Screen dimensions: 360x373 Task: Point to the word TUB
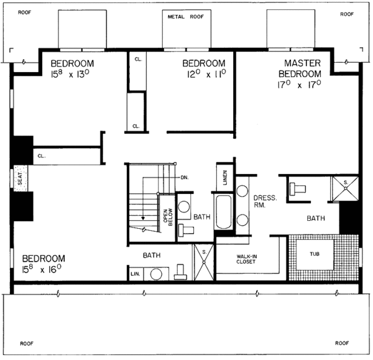pyautogui.click(x=315, y=254)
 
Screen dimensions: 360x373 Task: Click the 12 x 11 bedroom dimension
pyautogui.click(x=203, y=73)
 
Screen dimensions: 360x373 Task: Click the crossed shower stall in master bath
pyautogui.click(x=344, y=187)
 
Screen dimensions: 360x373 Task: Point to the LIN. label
pyautogui.click(x=135, y=274)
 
